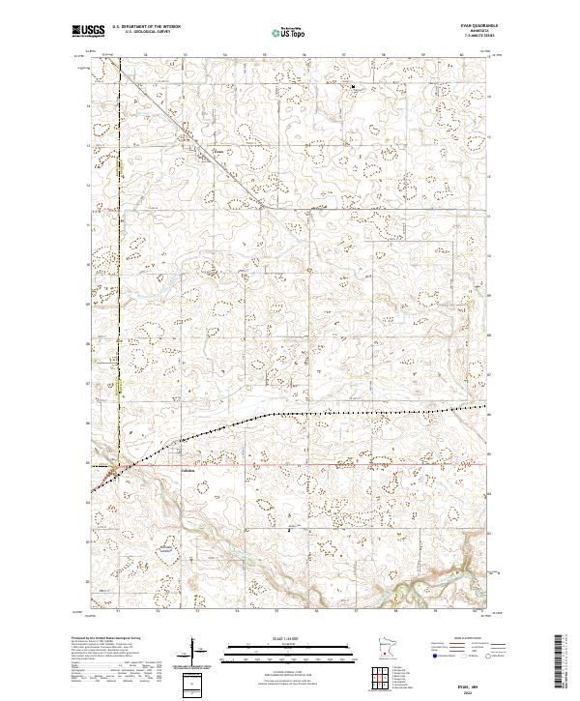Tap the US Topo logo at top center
tap(289, 32)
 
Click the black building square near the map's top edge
tap(354, 89)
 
